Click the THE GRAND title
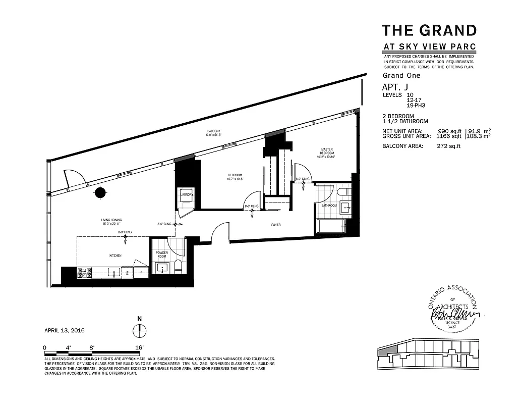429,30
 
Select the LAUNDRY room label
187,195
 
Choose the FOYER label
275,224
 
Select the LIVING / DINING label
111,222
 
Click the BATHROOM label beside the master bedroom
329,206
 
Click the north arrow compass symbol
139,331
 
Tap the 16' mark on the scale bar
139,347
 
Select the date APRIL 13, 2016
65,330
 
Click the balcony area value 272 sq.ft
448,146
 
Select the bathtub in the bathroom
330,225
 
